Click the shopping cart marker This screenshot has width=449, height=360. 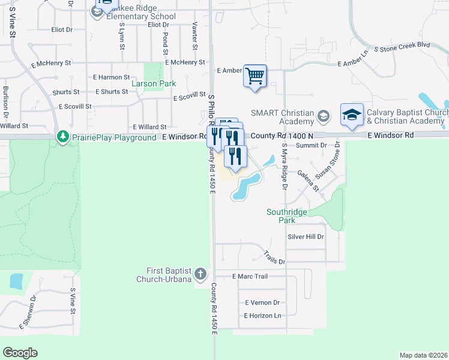coord(255,76)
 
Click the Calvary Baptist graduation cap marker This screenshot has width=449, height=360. coord(352,115)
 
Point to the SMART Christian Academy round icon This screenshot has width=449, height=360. coord(324,115)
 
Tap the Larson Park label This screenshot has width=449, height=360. coord(154,83)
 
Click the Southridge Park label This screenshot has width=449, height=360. coord(287,216)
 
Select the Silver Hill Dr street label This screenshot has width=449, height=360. coord(306,237)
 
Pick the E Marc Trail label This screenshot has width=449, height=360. coord(250,277)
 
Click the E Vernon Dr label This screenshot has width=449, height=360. coord(262,303)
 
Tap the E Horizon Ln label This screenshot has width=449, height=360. coord(262,316)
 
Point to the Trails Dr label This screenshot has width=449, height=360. coord(274,258)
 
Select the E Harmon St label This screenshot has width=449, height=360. coord(112,77)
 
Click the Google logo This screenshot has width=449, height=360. coord(20,353)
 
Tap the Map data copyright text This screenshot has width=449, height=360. coord(423,355)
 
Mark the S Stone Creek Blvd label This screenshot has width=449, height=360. coord(402,44)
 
